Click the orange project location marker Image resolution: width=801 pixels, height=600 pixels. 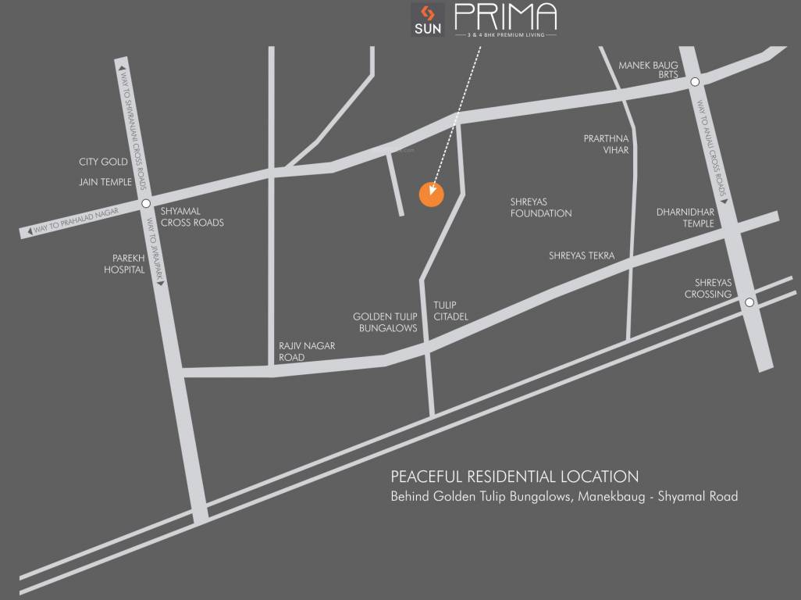pyautogui.click(x=431, y=195)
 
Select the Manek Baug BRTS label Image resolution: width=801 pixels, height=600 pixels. pyautogui.click(x=648, y=70)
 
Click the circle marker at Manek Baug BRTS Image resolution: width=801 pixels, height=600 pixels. pyautogui.click(x=694, y=80)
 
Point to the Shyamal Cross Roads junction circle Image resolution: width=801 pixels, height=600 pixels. pyautogui.click(x=146, y=205)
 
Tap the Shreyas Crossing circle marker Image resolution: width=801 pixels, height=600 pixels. pyautogui.click(x=749, y=302)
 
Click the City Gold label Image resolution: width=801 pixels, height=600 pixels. pyautogui.click(x=103, y=162)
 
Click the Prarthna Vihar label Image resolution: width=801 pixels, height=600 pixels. pyautogui.click(x=606, y=144)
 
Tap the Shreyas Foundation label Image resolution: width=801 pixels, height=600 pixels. pyautogui.click(x=541, y=207)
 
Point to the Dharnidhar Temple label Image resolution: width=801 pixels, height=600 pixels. pyautogui.click(x=685, y=217)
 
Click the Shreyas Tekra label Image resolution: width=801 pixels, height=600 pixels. pyautogui.click(x=582, y=255)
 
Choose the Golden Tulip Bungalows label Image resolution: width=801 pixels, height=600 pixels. pyautogui.click(x=385, y=323)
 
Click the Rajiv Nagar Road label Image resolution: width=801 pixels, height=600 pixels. pyautogui.click(x=302, y=351)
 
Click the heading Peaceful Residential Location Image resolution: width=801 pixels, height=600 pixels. pyautogui.click(x=514, y=477)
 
